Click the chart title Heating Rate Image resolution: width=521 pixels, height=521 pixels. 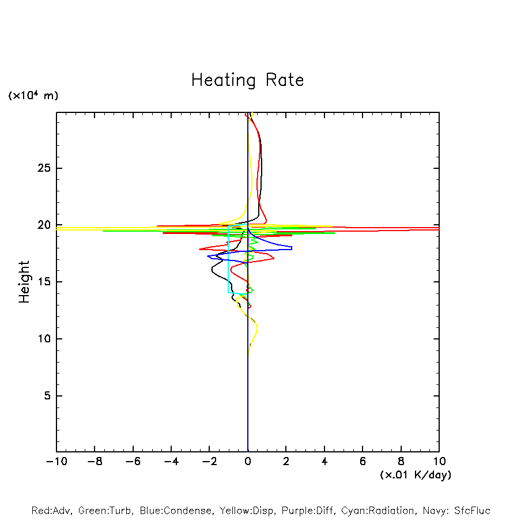click(247, 80)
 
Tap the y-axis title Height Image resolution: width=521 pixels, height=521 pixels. click(24, 282)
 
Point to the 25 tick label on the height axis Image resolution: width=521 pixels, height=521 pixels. click(44, 168)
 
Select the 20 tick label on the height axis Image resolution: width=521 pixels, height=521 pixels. click(44, 225)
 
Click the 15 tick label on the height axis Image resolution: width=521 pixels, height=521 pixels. click(44, 282)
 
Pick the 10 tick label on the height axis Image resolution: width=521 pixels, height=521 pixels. click(44, 339)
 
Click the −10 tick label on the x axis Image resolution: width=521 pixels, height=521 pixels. click(56, 462)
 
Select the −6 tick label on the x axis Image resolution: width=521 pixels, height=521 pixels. click(133, 462)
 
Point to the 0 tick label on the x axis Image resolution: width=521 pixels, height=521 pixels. click(248, 462)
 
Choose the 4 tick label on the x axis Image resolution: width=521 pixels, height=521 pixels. click(324, 462)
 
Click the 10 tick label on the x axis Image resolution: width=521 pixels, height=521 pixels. click(439, 462)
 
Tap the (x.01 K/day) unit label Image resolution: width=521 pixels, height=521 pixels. click(416, 475)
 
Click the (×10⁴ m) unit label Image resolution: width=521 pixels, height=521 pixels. click(33, 96)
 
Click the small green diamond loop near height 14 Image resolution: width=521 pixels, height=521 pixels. click(250, 290)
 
